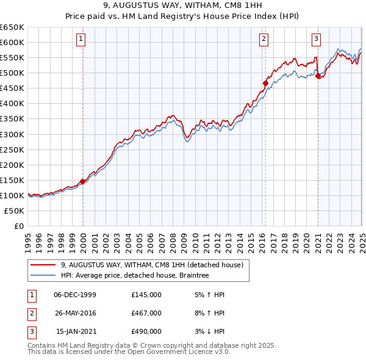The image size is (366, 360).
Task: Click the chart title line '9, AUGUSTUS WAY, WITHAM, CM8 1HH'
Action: click(182, 6)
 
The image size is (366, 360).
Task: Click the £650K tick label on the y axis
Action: click(12, 27)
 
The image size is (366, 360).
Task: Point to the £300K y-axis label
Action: click(12, 134)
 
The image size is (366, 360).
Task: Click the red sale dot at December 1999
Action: click(82, 181)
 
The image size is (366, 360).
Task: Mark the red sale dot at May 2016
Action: click(265, 83)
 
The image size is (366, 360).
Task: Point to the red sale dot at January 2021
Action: click(318, 76)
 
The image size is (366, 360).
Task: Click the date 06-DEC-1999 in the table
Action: click(75, 295)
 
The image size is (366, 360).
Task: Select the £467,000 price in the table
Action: click(146, 313)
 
